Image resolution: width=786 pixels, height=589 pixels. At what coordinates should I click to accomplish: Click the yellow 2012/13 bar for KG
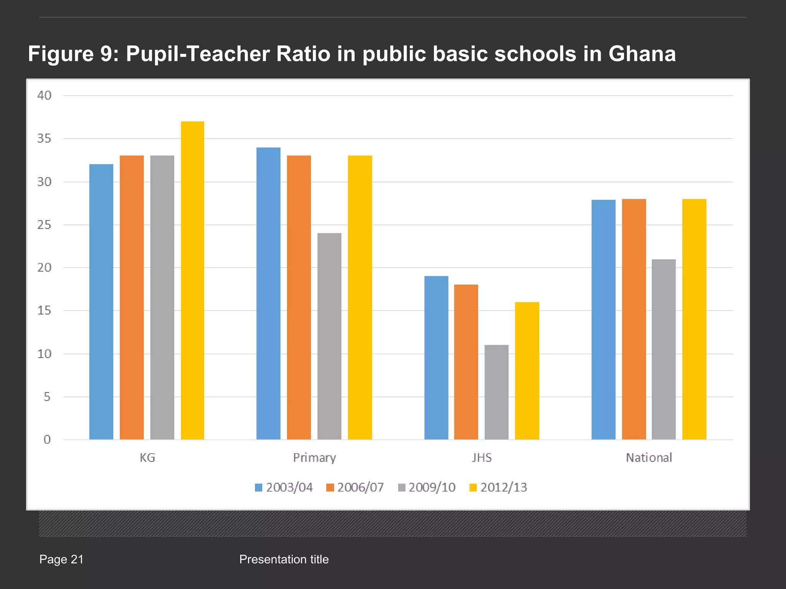(x=192, y=280)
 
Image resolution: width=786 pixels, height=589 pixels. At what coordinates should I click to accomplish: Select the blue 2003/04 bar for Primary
(x=268, y=293)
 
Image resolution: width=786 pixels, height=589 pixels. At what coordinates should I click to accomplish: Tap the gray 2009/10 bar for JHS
(x=496, y=392)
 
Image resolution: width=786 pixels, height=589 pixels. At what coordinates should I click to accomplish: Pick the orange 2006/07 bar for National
(x=634, y=319)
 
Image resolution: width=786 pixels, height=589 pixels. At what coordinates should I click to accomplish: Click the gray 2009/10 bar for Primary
(x=329, y=336)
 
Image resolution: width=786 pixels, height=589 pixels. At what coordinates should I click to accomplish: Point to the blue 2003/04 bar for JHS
(x=436, y=357)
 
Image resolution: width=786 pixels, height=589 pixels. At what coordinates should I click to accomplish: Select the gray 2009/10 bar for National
(x=664, y=349)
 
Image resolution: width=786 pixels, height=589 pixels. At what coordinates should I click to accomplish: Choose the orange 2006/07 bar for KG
(x=132, y=297)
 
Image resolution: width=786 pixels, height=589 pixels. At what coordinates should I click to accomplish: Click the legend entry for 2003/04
(x=284, y=487)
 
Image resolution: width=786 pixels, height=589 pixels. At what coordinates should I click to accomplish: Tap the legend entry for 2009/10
(x=427, y=487)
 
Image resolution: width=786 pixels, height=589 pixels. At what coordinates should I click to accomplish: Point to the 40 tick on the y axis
(x=44, y=95)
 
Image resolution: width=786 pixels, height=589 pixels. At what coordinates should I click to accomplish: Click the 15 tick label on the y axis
(x=44, y=311)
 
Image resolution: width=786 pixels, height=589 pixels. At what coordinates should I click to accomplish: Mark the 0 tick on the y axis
(x=47, y=439)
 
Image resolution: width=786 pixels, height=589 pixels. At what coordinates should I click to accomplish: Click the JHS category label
(x=482, y=457)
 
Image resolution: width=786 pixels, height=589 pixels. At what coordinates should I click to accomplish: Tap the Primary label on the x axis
(x=314, y=457)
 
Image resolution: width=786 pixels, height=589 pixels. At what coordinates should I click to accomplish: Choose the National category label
(x=649, y=457)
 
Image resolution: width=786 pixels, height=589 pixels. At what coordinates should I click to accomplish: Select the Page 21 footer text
(x=61, y=559)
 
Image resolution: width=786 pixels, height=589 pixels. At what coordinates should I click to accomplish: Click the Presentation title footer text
(x=284, y=559)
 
